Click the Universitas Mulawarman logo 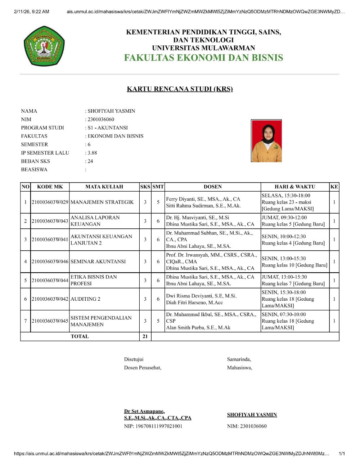pos(44,46)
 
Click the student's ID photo pos(266,141)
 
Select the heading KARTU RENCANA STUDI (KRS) pos(180,89)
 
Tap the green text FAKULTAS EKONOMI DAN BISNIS pos(203,58)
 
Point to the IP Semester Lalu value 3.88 pos(92,153)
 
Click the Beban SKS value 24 pos(90,161)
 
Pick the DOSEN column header pos(212,187)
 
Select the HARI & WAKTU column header pos(294,187)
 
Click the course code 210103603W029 pos(50,202)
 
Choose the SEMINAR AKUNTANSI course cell pos(98,261)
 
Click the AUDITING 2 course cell pos(86,299)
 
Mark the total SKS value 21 pos(145,336)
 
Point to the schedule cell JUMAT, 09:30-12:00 pos(284,218)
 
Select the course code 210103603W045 pos(50,321)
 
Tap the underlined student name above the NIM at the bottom pos(252,415)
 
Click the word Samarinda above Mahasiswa pos(239,359)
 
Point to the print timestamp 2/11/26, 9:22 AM pos(31,12)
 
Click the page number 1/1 pos(342,454)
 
